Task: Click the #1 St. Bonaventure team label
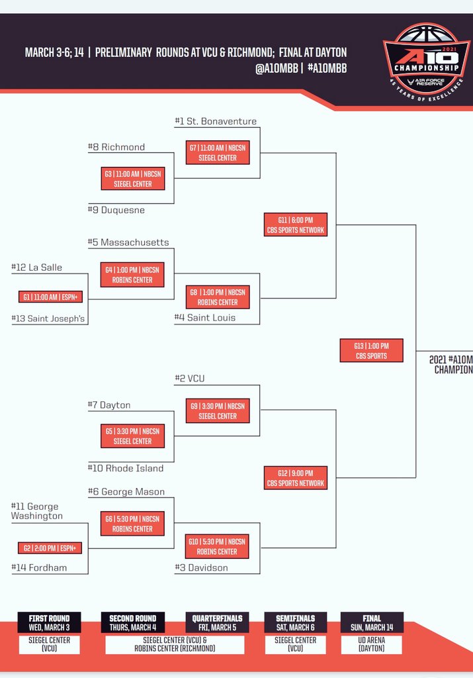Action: (216, 121)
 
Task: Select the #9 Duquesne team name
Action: (116, 210)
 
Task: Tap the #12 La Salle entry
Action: (37, 267)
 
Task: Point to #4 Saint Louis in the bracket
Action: (205, 318)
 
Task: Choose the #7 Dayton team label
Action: (109, 405)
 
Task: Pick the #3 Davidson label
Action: (201, 568)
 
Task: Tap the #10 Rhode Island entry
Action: (126, 469)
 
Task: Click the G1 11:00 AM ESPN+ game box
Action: (50, 297)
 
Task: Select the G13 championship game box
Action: (371, 351)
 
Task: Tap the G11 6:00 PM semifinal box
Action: (295, 224)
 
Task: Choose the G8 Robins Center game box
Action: (217, 297)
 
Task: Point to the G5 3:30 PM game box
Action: (132, 436)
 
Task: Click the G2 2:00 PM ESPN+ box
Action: (50, 548)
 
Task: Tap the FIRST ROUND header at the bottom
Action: (49, 622)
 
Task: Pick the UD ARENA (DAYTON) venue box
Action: (371, 644)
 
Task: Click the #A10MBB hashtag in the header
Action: (327, 68)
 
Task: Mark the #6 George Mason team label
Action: (126, 492)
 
